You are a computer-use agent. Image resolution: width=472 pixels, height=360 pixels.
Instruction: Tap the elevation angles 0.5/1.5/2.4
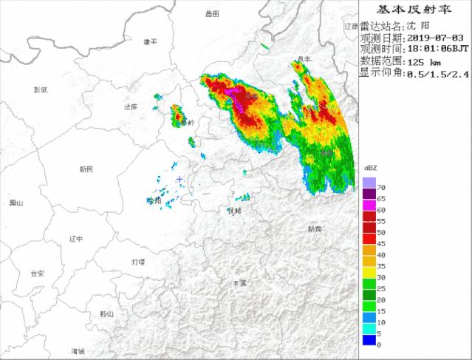(x=437, y=73)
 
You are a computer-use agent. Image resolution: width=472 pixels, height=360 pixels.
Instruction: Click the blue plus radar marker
(x=179, y=179)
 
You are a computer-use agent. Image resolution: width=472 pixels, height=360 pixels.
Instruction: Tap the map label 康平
(x=150, y=41)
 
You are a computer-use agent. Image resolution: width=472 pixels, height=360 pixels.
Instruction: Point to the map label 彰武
(x=41, y=89)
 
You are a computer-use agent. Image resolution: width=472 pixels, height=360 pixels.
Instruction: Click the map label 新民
(x=86, y=169)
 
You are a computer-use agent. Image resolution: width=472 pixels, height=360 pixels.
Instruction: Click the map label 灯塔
(x=138, y=262)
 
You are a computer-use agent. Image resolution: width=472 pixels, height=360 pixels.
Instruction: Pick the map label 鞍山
(x=107, y=313)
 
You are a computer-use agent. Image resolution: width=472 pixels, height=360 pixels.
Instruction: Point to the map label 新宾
(x=315, y=228)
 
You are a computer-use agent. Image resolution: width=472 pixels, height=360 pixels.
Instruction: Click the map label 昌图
(x=213, y=13)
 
